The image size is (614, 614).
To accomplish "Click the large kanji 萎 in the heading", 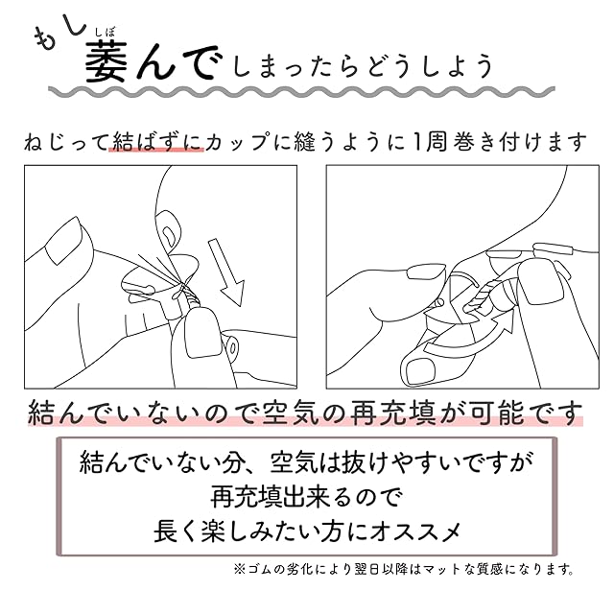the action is click(106, 61).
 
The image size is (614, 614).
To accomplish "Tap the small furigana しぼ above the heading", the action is click(106, 33).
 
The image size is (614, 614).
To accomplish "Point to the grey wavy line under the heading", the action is click(301, 92).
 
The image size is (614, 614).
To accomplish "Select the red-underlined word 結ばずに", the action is click(156, 141).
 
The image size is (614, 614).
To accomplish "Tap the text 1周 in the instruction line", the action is click(430, 141).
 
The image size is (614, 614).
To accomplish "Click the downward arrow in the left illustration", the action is click(226, 272).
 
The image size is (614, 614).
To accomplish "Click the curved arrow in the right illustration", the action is click(470, 334).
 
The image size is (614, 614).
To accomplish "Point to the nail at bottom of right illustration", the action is click(420, 371).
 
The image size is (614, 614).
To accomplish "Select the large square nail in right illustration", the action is click(541, 281).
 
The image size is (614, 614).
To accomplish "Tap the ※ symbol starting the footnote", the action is click(239, 569).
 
